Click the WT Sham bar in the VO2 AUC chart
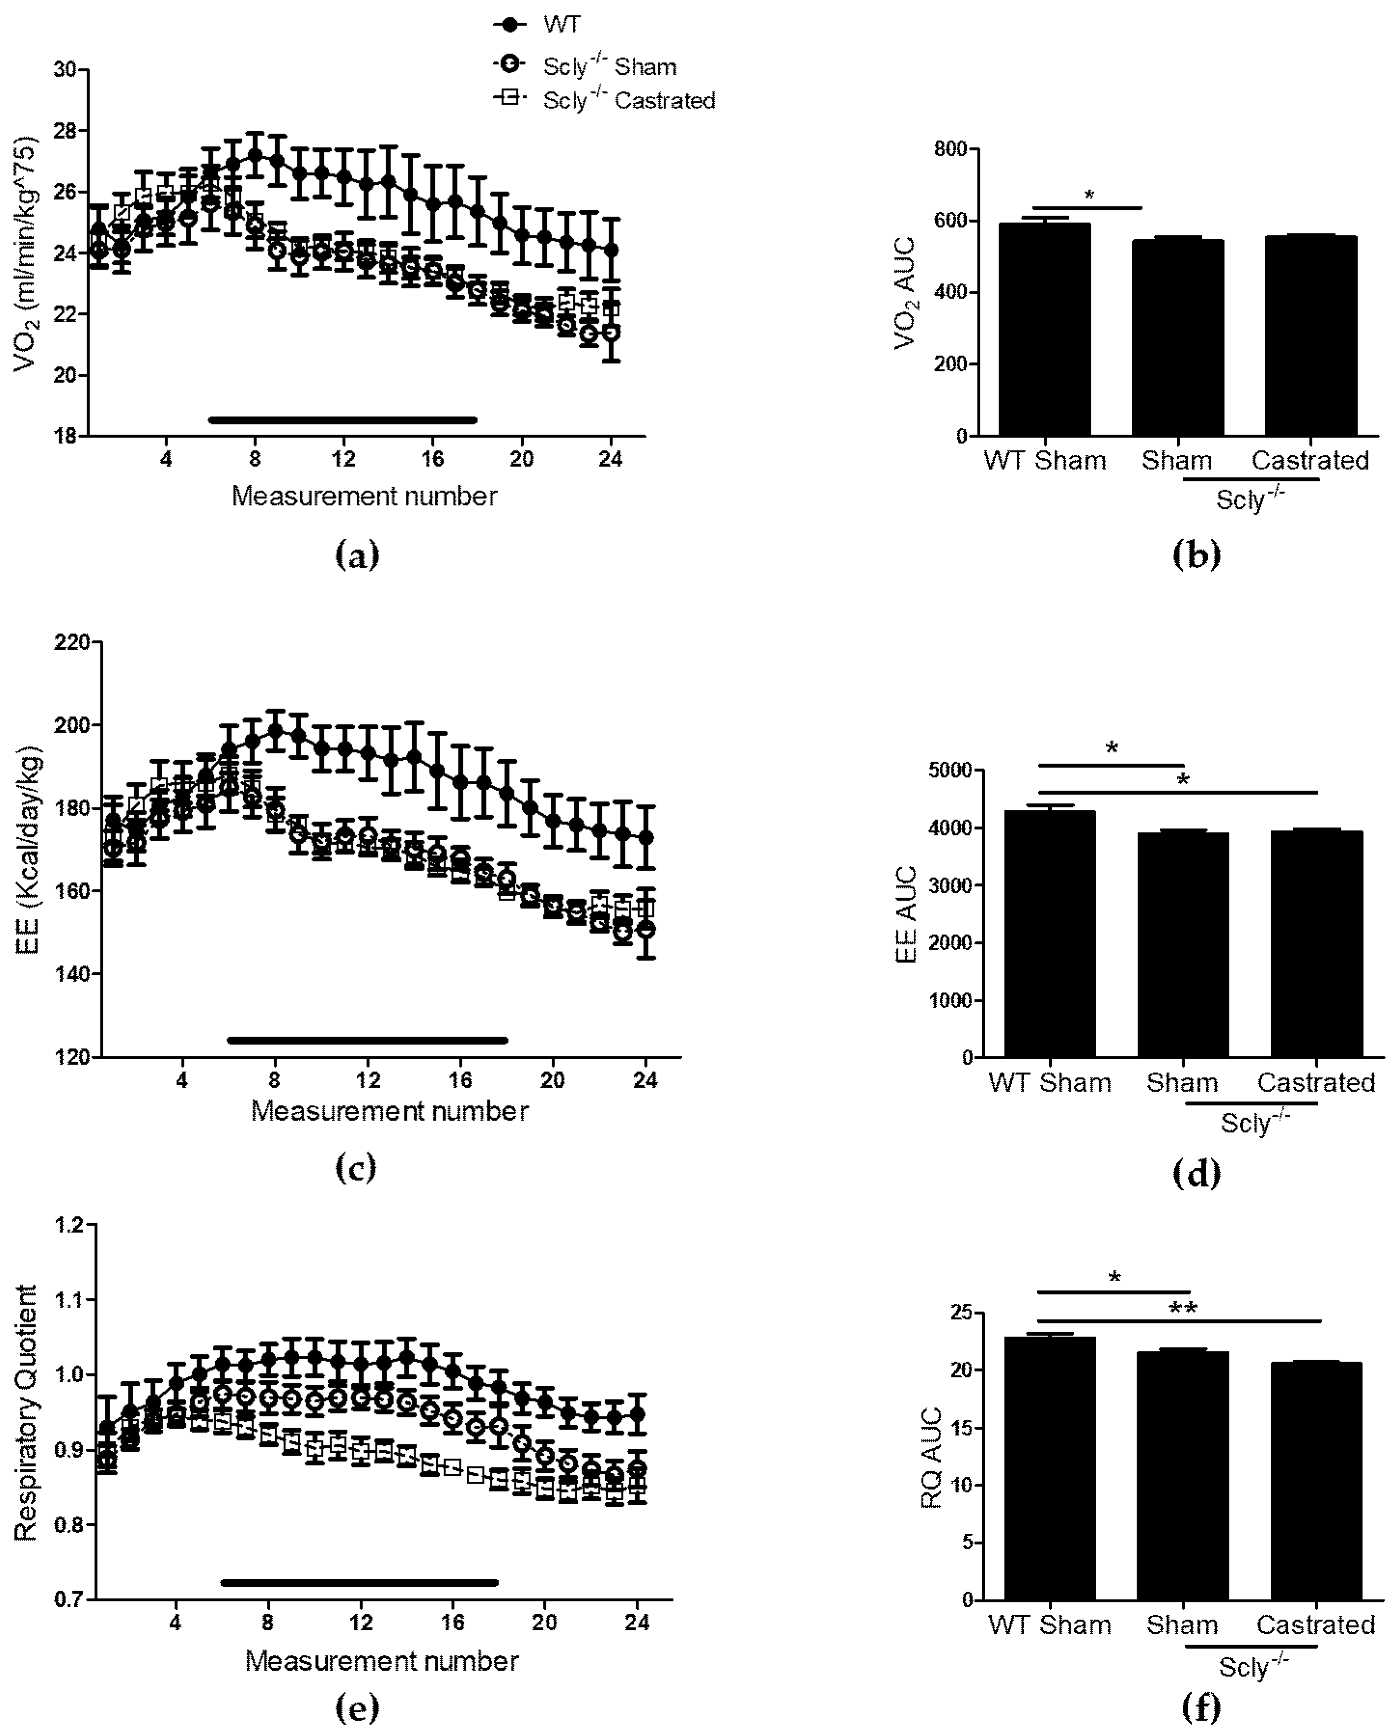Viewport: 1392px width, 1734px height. [1044, 330]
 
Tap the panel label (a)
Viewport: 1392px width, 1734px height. [357, 555]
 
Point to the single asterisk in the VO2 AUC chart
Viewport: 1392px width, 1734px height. [1089, 195]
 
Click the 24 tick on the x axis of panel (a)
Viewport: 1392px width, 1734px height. [611, 459]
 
